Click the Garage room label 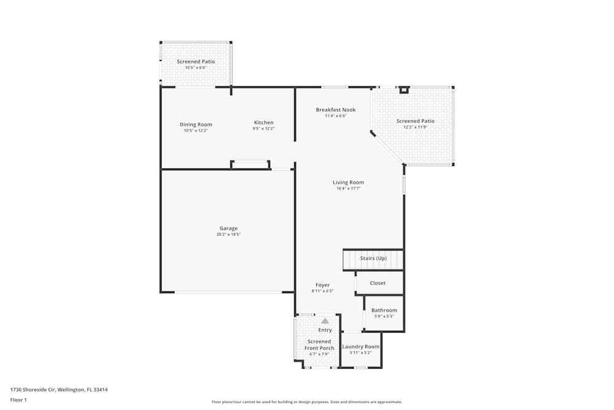[x=228, y=229]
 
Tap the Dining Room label [x=196, y=124]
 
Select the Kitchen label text [x=263, y=122]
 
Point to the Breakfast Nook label [x=336, y=110]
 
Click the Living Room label [x=348, y=182]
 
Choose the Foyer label [x=322, y=285]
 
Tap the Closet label [x=378, y=283]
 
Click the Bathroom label [x=384, y=310]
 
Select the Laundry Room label [x=360, y=347]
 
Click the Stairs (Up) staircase [x=373, y=259]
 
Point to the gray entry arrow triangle [x=325, y=320]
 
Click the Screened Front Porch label [x=319, y=345]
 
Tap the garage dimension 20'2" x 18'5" [x=228, y=235]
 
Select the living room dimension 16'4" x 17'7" [x=348, y=189]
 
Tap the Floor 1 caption [x=18, y=400]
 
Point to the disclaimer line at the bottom [x=306, y=402]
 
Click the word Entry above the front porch [x=325, y=330]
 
